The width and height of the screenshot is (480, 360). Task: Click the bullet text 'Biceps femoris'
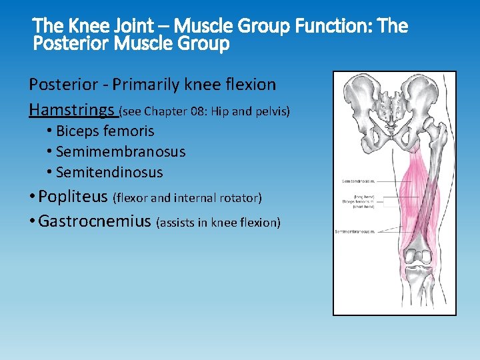[x=105, y=131]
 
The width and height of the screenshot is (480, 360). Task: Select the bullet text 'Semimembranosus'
[x=121, y=151]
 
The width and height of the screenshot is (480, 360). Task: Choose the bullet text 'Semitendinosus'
[x=109, y=172]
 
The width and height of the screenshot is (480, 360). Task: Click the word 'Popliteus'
[x=73, y=197]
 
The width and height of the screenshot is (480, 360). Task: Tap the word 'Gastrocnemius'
[x=95, y=221]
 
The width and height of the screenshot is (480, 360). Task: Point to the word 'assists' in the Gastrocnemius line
[x=176, y=223]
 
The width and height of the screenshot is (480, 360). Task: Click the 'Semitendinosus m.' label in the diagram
[x=358, y=181]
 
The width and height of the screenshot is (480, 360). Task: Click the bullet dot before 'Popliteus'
[x=32, y=197]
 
